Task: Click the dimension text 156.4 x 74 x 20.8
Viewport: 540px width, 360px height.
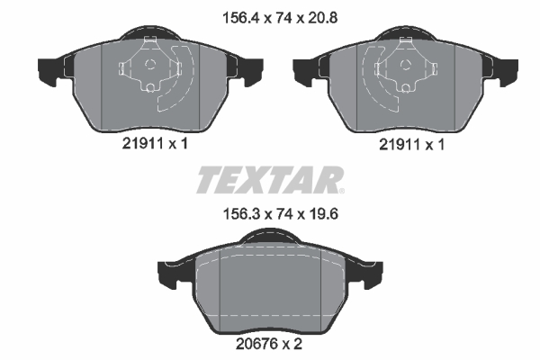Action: click(280, 18)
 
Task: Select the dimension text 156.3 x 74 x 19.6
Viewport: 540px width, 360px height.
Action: click(281, 214)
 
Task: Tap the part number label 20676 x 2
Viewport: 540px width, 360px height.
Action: click(268, 344)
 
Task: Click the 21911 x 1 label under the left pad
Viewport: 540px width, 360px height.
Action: click(155, 144)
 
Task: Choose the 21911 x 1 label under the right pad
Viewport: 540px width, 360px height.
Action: click(411, 144)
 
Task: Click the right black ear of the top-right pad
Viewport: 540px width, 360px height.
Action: click(505, 70)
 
